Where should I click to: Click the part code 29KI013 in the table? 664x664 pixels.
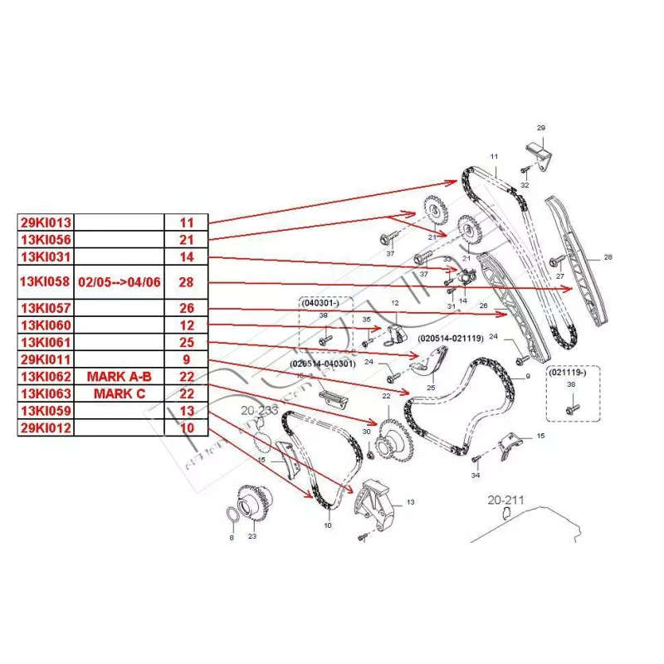(46, 222)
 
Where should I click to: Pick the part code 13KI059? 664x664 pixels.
(46, 410)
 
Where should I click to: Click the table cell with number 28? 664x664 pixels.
(186, 282)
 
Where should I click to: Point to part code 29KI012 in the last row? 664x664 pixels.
(46, 427)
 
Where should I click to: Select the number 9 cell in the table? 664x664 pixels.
(186, 360)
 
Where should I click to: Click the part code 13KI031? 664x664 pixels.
(46, 256)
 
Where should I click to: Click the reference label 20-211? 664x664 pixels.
(505, 500)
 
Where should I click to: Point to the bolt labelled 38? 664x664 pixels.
(572, 408)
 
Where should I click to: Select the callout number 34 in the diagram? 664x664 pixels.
(475, 476)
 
